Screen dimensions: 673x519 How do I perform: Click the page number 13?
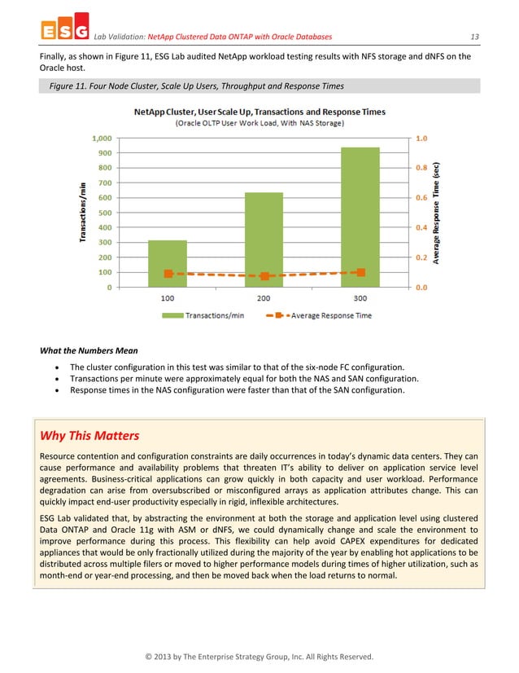[x=475, y=36]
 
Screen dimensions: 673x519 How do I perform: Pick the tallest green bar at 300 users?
[x=360, y=217]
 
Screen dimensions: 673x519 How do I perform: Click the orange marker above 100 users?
[x=168, y=274]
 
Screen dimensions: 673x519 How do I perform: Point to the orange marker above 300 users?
[x=361, y=272]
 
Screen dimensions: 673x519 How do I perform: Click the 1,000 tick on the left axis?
[x=101, y=139]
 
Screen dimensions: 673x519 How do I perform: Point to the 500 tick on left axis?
[x=105, y=213]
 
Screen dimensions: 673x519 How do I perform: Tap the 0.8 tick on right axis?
[x=422, y=168]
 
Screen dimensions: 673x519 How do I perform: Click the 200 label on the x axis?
[x=264, y=299]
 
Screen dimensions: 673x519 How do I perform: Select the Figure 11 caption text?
[x=191, y=86]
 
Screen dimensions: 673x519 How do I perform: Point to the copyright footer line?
[x=259, y=656]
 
